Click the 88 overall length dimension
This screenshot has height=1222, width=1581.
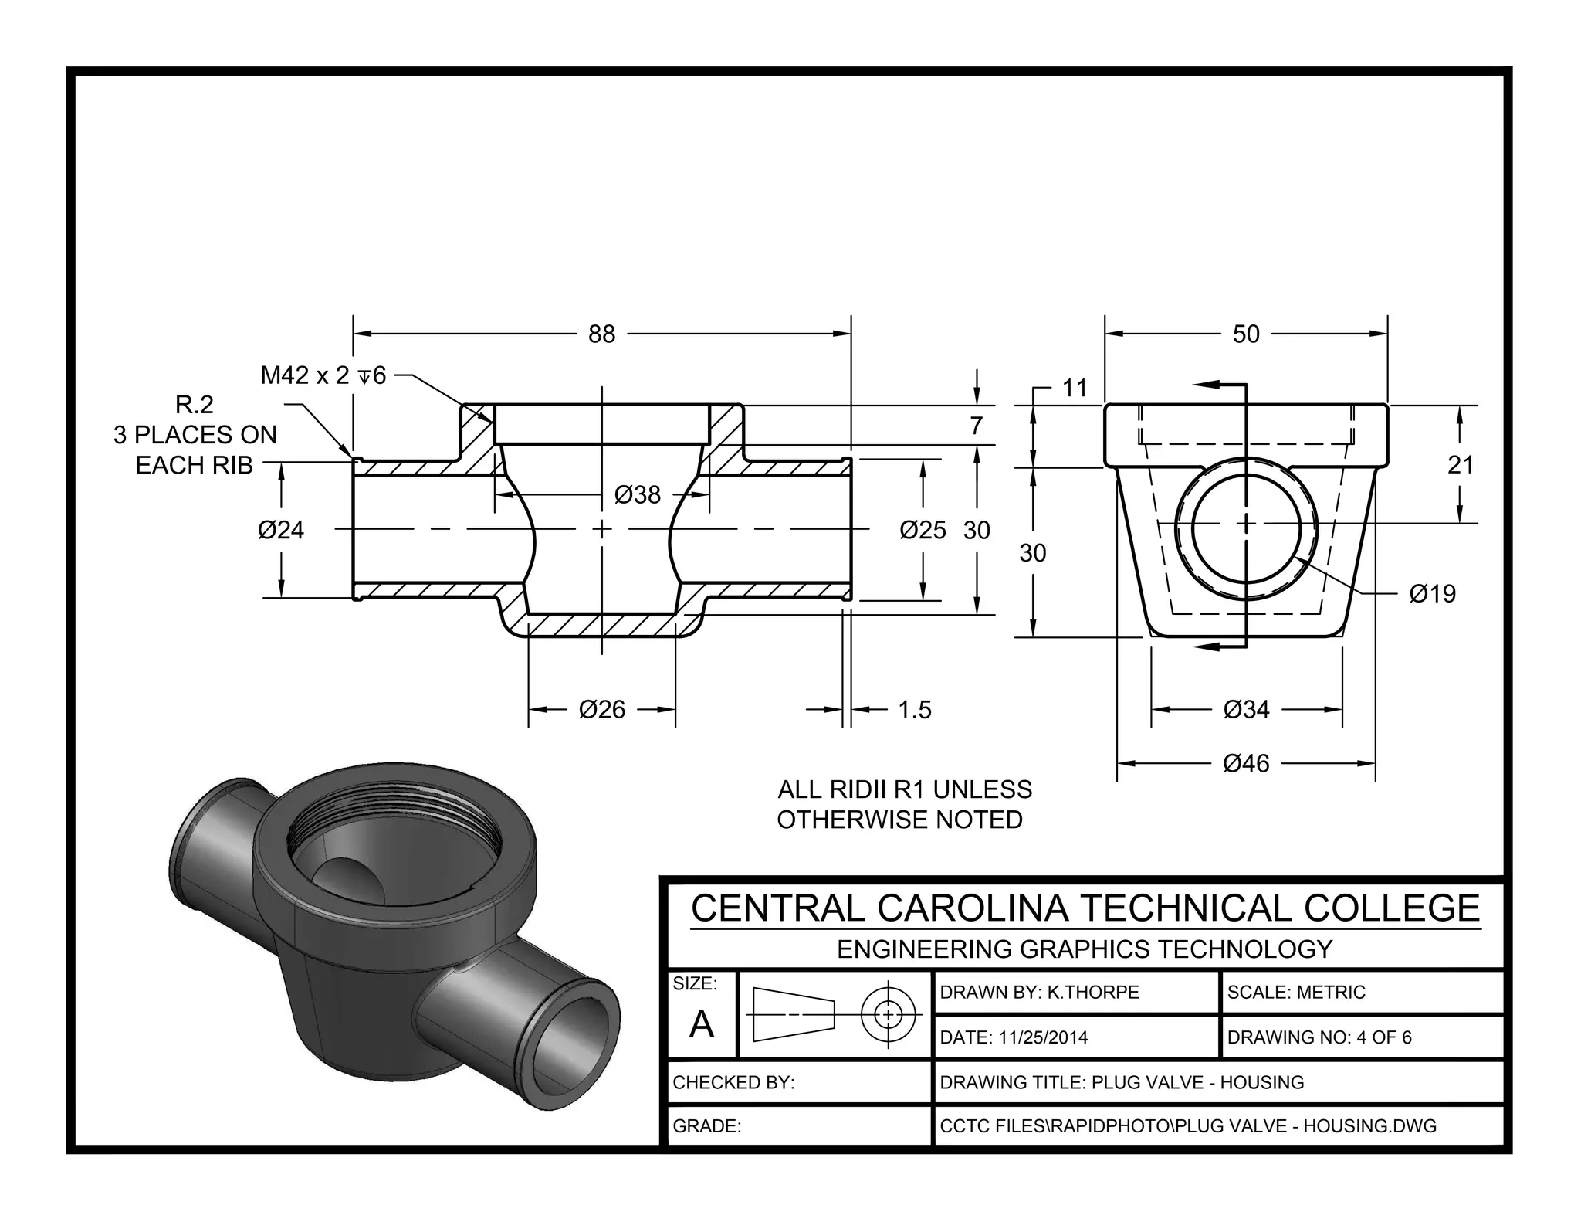pyautogui.click(x=601, y=334)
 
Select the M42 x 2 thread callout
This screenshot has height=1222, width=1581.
pyautogui.click(x=323, y=375)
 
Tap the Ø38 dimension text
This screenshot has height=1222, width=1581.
pyautogui.click(x=637, y=494)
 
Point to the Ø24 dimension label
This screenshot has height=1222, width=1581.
pyautogui.click(x=281, y=530)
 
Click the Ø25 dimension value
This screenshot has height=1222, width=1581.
pyautogui.click(x=923, y=530)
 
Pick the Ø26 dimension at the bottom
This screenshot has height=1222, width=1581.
pyautogui.click(x=601, y=709)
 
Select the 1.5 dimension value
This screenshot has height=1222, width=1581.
pyautogui.click(x=915, y=709)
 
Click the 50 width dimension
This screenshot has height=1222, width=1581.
pyautogui.click(x=1245, y=334)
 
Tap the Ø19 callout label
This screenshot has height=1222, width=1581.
pyautogui.click(x=1432, y=593)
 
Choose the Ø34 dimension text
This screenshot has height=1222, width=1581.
pyautogui.click(x=1246, y=709)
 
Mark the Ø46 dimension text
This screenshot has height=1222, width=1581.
pyautogui.click(x=1246, y=763)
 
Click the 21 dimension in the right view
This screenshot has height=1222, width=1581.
pyautogui.click(x=1461, y=465)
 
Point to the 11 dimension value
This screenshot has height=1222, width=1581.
pyautogui.click(x=1075, y=388)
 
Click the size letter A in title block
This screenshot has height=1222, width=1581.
pyautogui.click(x=701, y=1025)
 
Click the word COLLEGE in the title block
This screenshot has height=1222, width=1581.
pyautogui.click(x=1392, y=908)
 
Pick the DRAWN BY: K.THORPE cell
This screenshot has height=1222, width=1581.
pyautogui.click(x=1039, y=992)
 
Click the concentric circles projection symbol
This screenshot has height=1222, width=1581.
pyautogui.click(x=888, y=1014)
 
